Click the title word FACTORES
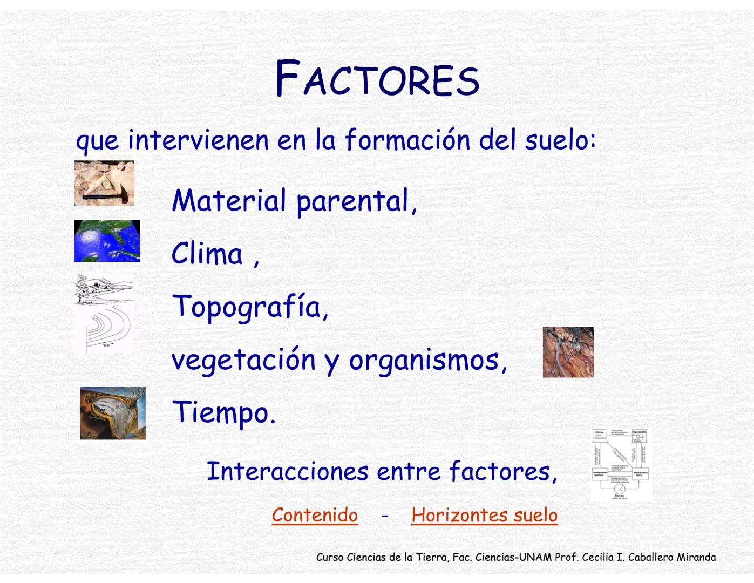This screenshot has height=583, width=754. tap(377, 79)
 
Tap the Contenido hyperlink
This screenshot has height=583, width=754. tap(315, 515)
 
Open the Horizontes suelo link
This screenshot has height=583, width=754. tap(484, 515)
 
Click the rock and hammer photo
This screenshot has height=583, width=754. tap(104, 183)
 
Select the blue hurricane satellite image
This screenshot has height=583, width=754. tap(106, 241)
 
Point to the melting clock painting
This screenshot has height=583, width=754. tap(112, 413)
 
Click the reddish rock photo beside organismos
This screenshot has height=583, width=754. tap(568, 352)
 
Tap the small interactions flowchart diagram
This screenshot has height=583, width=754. tap(621, 465)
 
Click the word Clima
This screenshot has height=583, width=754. tap(207, 254)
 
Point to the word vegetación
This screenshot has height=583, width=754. tap(243, 360)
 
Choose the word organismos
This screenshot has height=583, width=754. tap(424, 360)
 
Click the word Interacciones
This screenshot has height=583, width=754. tap(287, 471)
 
